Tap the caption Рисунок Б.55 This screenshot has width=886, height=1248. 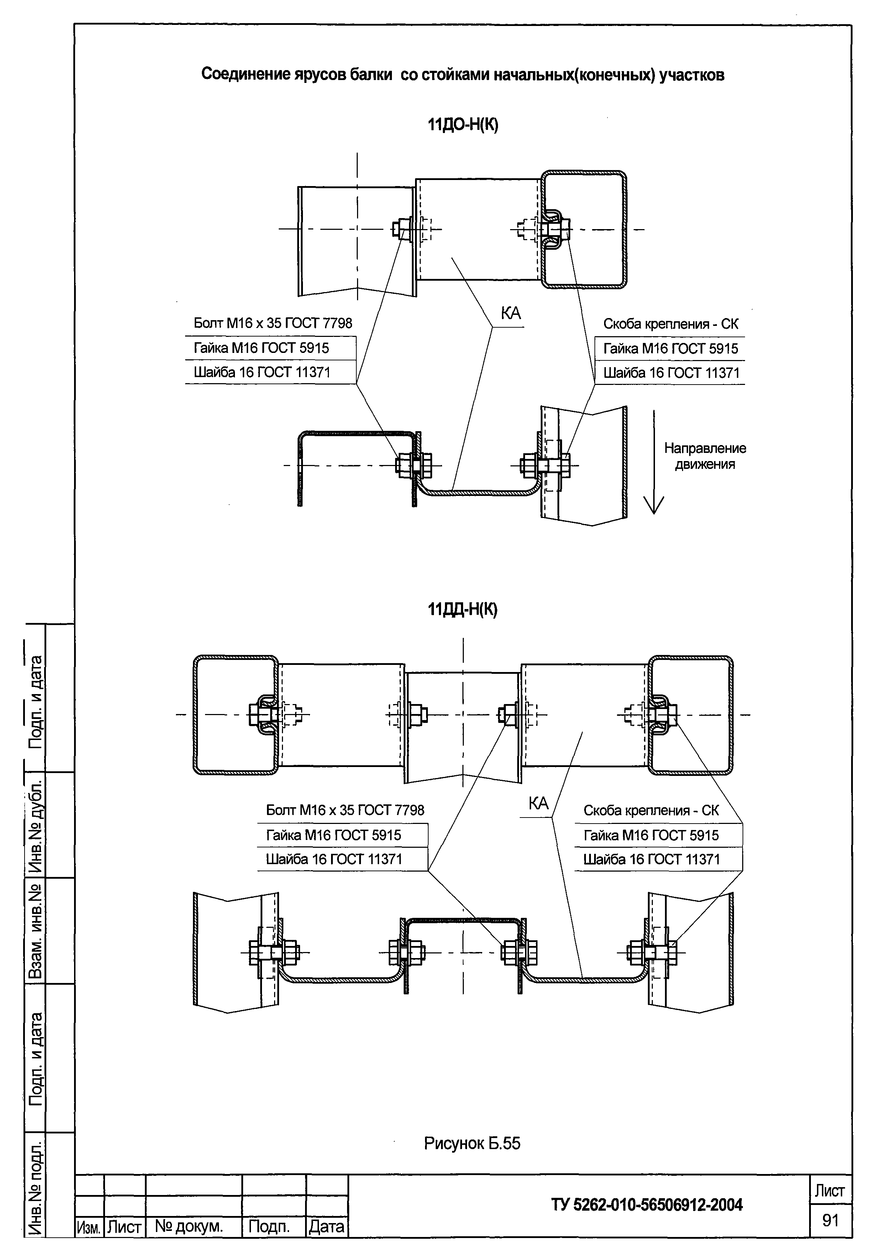(x=472, y=1143)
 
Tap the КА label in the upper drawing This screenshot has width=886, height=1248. (x=511, y=313)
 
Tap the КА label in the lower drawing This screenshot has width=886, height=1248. (x=538, y=803)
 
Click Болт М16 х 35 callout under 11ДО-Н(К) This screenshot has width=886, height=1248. (x=273, y=323)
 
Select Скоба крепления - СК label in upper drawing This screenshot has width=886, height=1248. (x=671, y=324)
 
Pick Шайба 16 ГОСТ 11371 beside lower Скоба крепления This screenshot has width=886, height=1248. (x=651, y=859)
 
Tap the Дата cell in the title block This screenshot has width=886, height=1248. (x=326, y=1227)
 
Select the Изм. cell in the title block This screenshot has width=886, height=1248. (x=88, y=1227)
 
